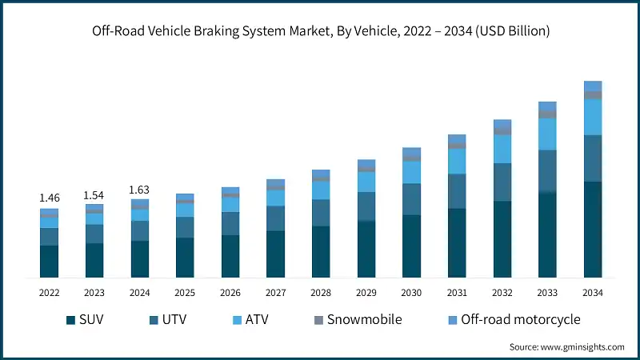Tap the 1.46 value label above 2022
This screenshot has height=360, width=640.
tap(50, 197)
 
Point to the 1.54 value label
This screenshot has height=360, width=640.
tap(94, 195)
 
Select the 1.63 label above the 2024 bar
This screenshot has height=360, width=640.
tap(140, 190)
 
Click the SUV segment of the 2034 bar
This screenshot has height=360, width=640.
tap(593, 230)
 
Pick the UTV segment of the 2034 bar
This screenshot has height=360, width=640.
tap(593, 158)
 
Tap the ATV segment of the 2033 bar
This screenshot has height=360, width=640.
tap(547, 134)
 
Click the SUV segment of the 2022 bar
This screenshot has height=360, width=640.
tap(50, 262)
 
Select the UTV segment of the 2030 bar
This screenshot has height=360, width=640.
tap(411, 199)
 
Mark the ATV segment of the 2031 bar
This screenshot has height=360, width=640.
tap(457, 161)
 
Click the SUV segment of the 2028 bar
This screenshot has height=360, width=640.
tap(321, 252)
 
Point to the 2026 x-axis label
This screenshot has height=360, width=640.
tap(230, 294)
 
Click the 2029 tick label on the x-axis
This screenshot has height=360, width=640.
tap(366, 294)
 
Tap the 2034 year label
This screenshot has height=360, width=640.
tap(593, 294)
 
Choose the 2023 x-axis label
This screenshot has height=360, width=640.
tap(94, 294)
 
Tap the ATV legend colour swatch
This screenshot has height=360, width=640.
tap(236, 320)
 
